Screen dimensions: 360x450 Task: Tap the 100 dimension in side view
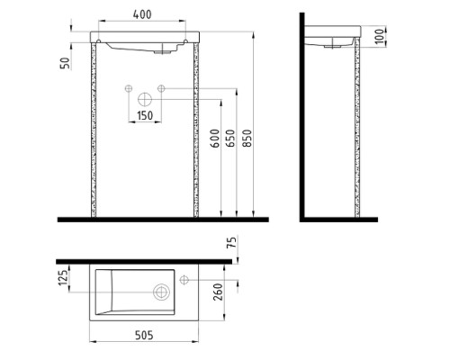(x=382, y=36)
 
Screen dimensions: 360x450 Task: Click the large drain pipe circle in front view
(x=144, y=101)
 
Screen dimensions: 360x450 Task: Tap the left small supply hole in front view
(x=128, y=88)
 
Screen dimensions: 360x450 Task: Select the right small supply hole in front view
(x=161, y=88)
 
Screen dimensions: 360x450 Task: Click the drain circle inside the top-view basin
(x=162, y=292)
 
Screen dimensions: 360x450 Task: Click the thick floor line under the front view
(x=162, y=219)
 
